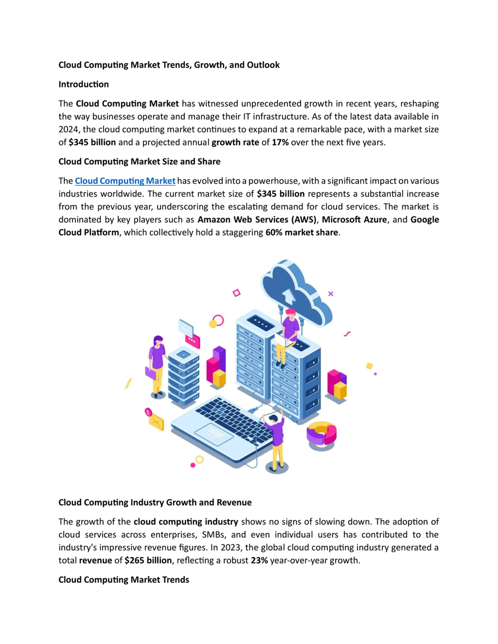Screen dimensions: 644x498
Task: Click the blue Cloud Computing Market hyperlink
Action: [x=125, y=181]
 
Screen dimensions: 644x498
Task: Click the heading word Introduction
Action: [x=83, y=84]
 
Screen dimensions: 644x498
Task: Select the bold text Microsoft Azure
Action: [x=354, y=219]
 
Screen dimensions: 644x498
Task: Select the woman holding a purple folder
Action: [x=157, y=366]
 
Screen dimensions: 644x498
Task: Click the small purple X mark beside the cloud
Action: [x=331, y=294]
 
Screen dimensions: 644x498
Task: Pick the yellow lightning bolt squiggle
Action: [x=128, y=383]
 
